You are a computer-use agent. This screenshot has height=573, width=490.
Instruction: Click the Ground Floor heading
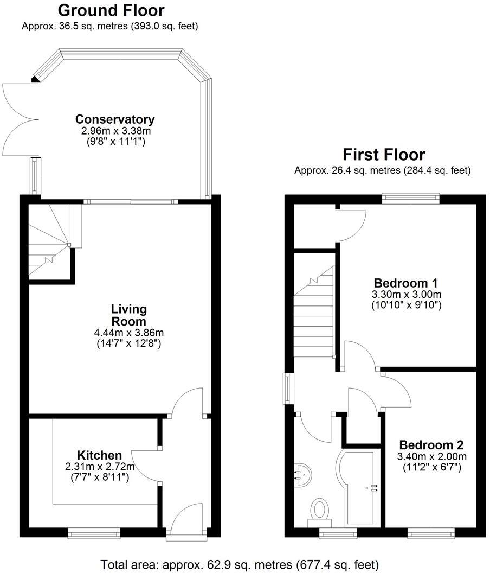(x=111, y=10)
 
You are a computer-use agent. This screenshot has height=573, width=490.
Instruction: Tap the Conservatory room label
(x=115, y=119)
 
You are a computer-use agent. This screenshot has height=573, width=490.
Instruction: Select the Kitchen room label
(x=99, y=455)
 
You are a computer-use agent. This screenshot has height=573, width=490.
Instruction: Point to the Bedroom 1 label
(x=405, y=283)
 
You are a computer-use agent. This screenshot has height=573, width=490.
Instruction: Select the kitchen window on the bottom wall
(x=94, y=534)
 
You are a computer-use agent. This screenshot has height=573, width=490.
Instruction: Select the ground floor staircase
(x=50, y=241)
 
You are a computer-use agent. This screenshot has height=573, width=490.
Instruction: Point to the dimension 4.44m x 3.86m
(x=129, y=333)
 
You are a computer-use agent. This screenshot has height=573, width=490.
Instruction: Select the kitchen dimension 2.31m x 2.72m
(x=99, y=467)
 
